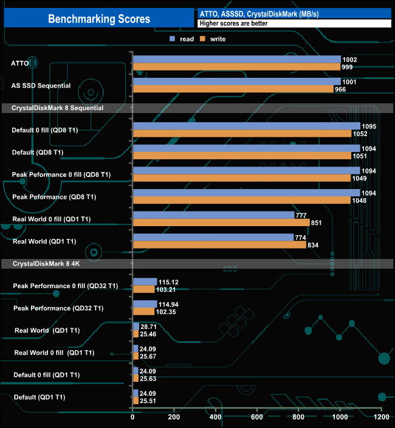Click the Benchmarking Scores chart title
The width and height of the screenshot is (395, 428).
[x=99, y=19]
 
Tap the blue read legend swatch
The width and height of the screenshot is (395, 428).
[x=173, y=39]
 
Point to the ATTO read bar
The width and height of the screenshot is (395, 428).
[x=236, y=60]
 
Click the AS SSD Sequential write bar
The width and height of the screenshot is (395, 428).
[x=233, y=89]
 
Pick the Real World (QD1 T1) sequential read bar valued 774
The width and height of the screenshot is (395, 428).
[x=213, y=237]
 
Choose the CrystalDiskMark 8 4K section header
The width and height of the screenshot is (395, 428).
[x=39, y=263]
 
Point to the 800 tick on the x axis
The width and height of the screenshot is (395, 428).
[x=298, y=418]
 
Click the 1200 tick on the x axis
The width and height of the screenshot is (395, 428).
[x=381, y=418]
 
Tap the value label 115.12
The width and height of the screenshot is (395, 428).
[x=170, y=281]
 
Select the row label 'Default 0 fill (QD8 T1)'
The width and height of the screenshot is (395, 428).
[x=45, y=129]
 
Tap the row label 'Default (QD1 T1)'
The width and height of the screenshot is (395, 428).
[x=39, y=397]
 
